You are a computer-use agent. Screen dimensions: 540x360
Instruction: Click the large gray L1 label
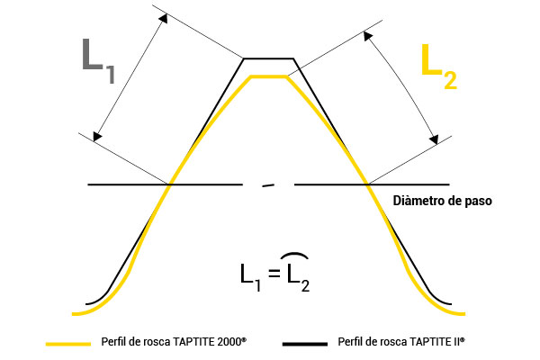point(98,61)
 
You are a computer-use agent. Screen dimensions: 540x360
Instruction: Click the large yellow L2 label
point(439,67)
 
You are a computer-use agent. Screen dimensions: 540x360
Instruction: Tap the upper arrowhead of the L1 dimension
point(164,18)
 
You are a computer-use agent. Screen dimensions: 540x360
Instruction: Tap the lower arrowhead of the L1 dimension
point(97,137)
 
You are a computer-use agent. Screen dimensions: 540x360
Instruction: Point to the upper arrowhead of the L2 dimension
point(368,36)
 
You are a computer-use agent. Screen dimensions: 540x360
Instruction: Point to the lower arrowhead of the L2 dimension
point(434,139)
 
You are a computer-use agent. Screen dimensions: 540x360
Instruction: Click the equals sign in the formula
point(274,274)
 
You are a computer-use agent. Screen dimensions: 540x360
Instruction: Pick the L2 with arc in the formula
point(298,278)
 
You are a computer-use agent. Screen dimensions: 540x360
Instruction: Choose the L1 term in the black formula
point(250,278)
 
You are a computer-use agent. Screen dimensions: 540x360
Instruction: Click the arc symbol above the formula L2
point(294,255)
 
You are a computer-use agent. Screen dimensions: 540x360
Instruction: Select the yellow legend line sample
point(68,344)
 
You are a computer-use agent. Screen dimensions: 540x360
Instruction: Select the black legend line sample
point(305,344)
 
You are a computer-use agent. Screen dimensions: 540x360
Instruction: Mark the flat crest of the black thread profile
point(268,58)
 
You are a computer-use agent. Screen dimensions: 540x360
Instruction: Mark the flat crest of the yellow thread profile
point(268,76)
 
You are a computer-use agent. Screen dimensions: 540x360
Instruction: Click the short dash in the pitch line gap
point(268,185)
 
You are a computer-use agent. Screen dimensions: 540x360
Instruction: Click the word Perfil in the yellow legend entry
point(111,342)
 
